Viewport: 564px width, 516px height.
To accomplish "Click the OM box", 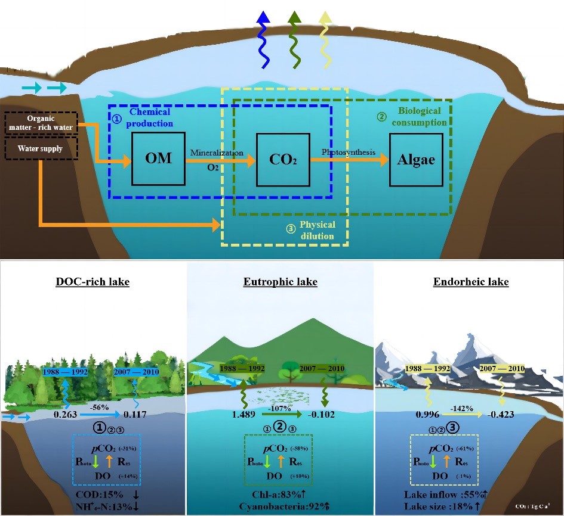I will pos(158,159).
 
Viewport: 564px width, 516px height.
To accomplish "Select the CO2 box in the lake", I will pos(282,159).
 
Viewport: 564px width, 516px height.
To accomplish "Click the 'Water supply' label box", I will pos(41,148).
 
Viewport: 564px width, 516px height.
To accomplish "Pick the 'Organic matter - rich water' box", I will pos(41,122).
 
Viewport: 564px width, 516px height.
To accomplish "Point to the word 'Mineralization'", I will pos(216,153).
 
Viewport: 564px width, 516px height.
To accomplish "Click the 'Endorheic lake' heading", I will pos(471,281).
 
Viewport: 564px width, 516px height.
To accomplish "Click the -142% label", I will pos(462,408).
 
